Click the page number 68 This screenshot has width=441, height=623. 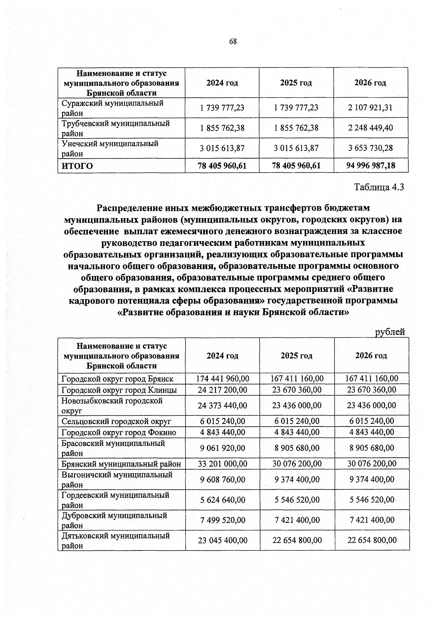(233, 42)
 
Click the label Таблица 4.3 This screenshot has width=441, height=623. (379, 187)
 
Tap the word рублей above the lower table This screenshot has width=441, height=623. (390, 332)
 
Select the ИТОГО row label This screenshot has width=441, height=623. (77, 166)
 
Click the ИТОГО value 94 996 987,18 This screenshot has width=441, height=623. (371, 166)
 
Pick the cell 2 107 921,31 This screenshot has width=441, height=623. (370, 107)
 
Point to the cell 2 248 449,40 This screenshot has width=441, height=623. (370, 128)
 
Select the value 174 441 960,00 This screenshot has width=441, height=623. (222, 378)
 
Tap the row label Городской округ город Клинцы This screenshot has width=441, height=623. (119, 390)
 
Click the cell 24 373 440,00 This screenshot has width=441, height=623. (222, 406)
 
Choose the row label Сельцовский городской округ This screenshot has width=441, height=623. (116, 421)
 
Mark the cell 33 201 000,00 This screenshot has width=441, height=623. (222, 464)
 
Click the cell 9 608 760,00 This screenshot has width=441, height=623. (222, 479)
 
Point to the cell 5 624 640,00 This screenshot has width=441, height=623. (222, 500)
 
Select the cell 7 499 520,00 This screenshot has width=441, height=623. (222, 520)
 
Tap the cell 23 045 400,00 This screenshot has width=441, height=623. (222, 540)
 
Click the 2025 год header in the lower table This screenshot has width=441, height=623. (297, 356)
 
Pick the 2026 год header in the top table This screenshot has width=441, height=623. (370, 83)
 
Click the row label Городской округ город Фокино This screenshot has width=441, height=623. (119, 432)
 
